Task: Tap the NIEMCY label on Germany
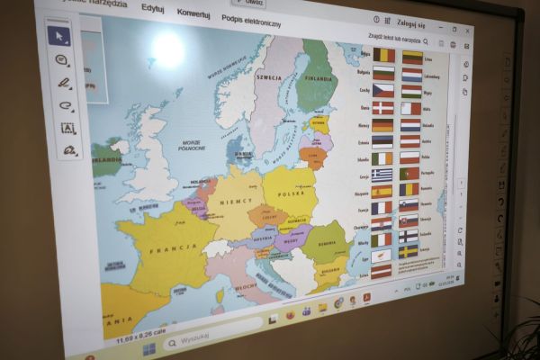(237, 202)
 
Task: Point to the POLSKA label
(291, 193)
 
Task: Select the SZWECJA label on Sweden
(268, 77)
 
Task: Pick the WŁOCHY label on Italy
(244, 285)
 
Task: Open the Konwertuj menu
(193, 13)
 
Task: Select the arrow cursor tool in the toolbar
(58, 36)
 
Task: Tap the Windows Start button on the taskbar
(148, 346)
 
